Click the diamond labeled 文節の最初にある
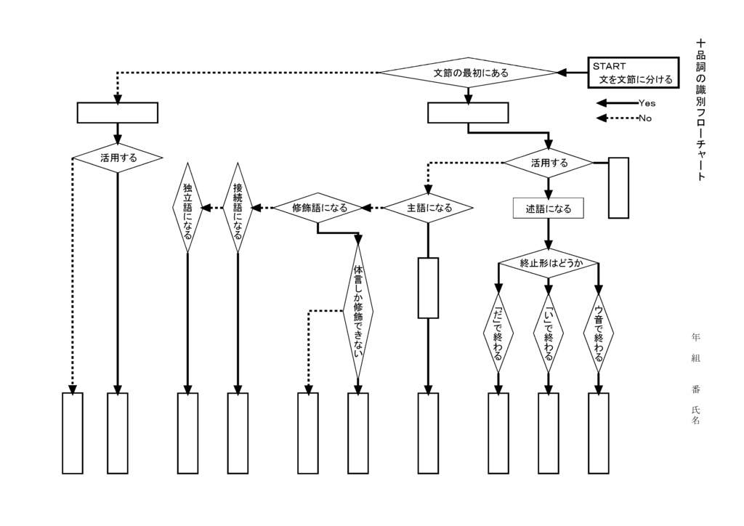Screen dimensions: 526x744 coord(469,73)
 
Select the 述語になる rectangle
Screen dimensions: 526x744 coord(549,209)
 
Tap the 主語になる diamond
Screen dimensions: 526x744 coord(429,208)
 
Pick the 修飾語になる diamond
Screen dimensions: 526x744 coord(318,208)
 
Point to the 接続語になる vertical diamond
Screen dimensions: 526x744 coord(238,208)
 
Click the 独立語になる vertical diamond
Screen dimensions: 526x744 coord(187,208)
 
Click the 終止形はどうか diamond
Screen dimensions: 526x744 coord(549,263)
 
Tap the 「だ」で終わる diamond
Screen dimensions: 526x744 coord(498,333)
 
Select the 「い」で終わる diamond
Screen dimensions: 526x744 coord(549,333)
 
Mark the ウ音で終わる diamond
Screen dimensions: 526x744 coord(598,333)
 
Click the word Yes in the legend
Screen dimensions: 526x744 coord(647,103)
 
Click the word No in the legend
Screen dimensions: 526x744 coord(644,118)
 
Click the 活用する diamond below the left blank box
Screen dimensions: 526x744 coord(118,157)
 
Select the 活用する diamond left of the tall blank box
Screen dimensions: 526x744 coord(549,163)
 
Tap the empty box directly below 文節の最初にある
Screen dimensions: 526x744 coord(468,113)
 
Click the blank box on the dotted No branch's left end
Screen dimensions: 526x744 coord(118,113)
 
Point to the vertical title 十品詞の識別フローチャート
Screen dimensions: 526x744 coord(700,109)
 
